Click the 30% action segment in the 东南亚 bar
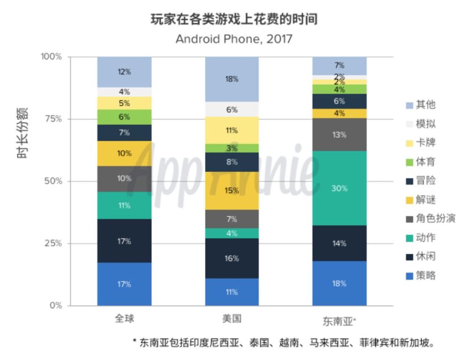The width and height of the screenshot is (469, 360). point(340,188)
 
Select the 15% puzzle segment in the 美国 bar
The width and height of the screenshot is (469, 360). point(232,191)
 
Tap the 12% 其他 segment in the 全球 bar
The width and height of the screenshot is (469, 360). point(124,72)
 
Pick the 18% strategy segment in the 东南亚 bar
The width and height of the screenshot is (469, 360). point(340,283)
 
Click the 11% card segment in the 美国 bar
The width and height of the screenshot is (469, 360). point(232,131)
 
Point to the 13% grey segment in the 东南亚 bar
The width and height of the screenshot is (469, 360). point(340,135)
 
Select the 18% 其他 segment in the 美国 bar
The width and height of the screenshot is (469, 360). point(232,79)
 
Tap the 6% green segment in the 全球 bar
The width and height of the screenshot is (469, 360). point(124,117)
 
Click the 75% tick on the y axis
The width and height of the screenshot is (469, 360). point(52,119)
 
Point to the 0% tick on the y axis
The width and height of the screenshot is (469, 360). point(55,306)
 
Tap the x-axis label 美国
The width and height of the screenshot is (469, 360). point(232,319)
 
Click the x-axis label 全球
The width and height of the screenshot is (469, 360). point(124,319)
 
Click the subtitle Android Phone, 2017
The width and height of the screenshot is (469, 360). point(234,38)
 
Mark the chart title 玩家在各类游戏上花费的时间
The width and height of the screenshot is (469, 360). point(234,19)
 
